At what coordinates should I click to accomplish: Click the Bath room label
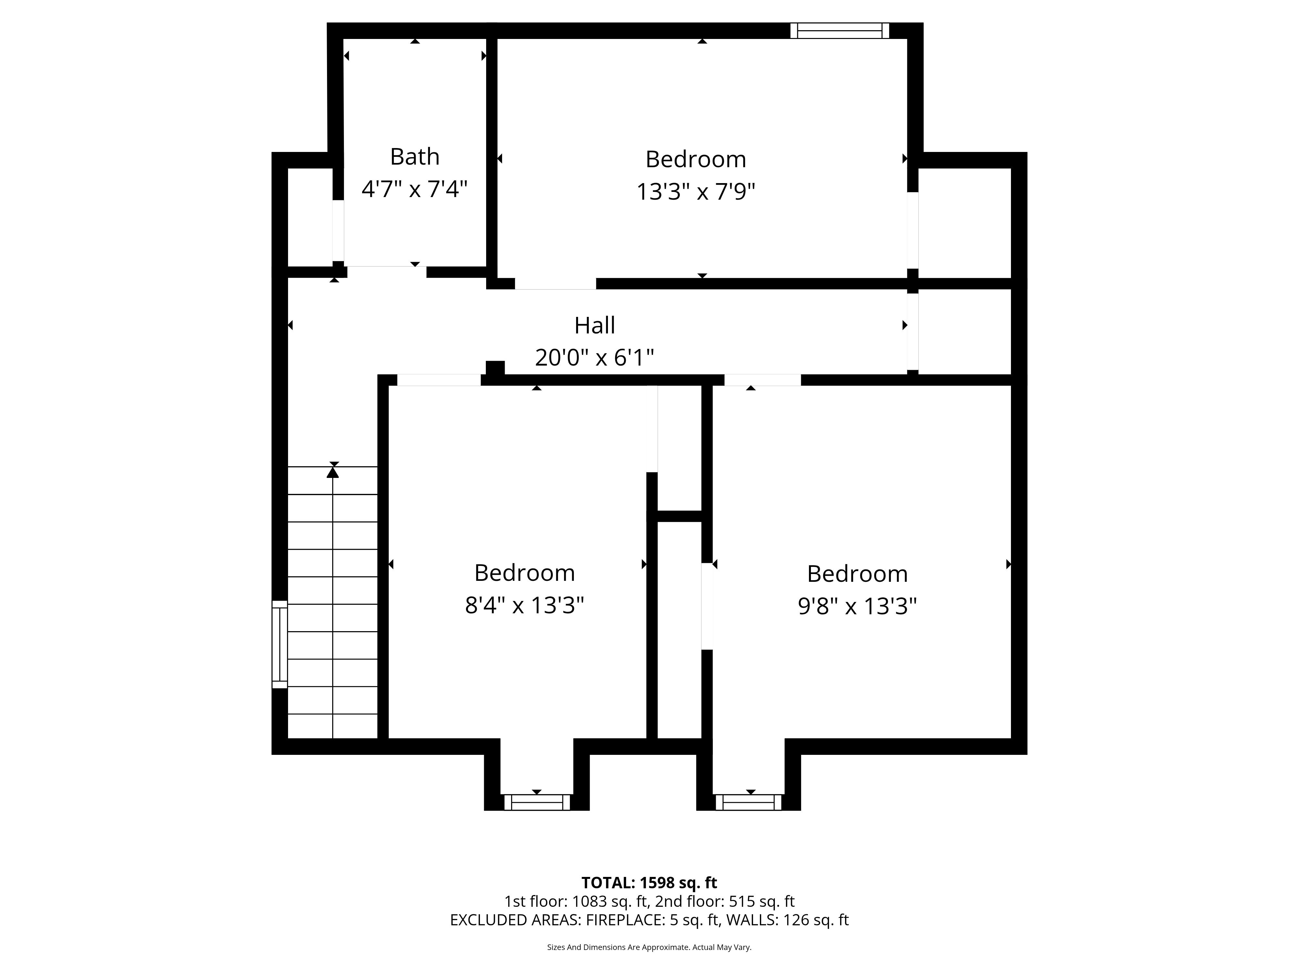[x=415, y=157]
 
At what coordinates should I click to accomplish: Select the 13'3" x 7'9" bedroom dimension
[x=696, y=192]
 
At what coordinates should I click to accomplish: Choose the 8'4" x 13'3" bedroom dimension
[x=524, y=605]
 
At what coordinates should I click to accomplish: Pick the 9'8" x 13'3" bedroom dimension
[x=857, y=606]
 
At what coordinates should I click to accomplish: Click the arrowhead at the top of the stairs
[x=333, y=471]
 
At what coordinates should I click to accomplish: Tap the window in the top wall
[x=840, y=31]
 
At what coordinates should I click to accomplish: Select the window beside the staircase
[x=280, y=644]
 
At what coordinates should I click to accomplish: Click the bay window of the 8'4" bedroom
[x=537, y=803]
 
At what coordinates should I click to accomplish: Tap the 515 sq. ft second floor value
[x=762, y=901]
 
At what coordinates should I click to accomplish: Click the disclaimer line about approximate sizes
[x=649, y=947]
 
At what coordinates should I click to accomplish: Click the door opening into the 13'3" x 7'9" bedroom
[x=556, y=283]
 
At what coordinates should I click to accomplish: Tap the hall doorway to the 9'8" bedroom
[x=762, y=380]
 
